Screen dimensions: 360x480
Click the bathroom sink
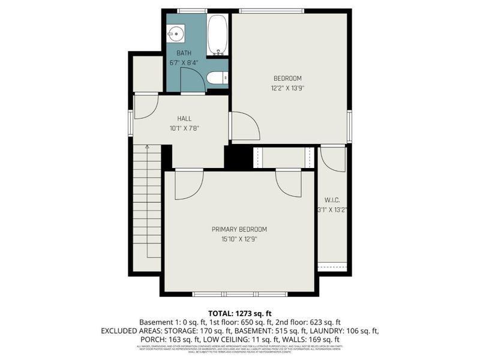[x=176, y=32]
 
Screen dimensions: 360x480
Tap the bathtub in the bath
[x=217, y=34]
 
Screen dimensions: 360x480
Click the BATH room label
[x=184, y=53]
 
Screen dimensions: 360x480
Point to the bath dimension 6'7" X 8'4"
[x=184, y=62]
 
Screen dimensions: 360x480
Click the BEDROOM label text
[x=287, y=78]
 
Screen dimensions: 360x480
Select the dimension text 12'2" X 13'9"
[x=287, y=88]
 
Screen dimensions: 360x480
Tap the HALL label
[x=184, y=118]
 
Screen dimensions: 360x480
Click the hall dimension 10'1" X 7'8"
[x=184, y=128]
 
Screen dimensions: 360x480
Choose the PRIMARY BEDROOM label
[x=239, y=229]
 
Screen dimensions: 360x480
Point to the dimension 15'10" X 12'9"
[x=239, y=239]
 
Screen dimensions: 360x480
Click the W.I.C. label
[x=332, y=200]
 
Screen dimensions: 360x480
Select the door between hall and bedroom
[x=245, y=126]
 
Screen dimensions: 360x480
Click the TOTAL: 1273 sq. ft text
[x=240, y=313]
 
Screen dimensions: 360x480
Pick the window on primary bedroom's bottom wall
[x=240, y=294]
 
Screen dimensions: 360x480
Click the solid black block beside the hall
[x=235, y=157]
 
